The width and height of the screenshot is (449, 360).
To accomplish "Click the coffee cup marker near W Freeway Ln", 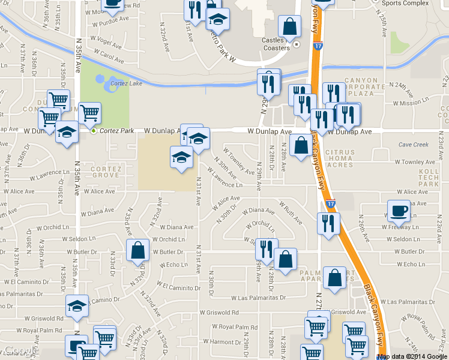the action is tap(399, 211).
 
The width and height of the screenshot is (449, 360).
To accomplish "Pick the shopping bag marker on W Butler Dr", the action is tap(138, 251).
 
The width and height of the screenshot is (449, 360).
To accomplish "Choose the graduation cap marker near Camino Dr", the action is tap(77, 306).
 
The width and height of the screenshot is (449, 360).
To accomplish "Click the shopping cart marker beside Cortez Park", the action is tap(89, 113).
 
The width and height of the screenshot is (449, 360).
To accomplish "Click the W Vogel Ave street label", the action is tap(108, 43).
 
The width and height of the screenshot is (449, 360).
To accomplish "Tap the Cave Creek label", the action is tap(414, 145).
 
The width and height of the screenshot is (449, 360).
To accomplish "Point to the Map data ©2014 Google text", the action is tap(413, 356).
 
